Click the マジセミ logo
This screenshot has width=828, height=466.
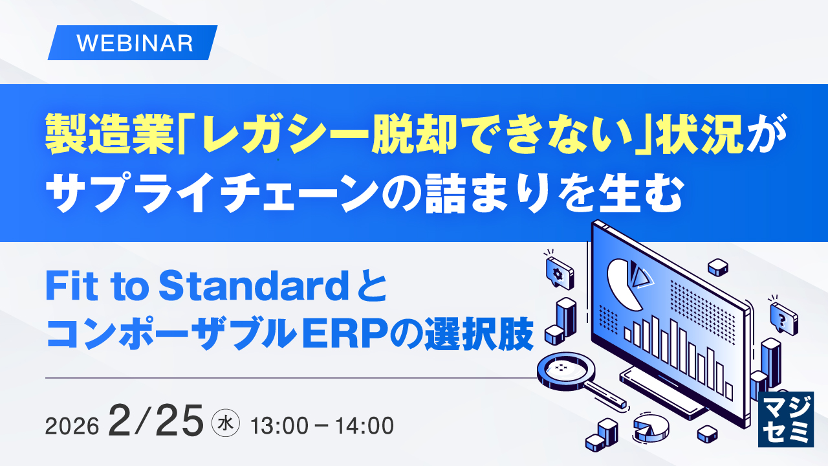tap(785, 419)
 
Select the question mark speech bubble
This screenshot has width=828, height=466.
tap(783, 316)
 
